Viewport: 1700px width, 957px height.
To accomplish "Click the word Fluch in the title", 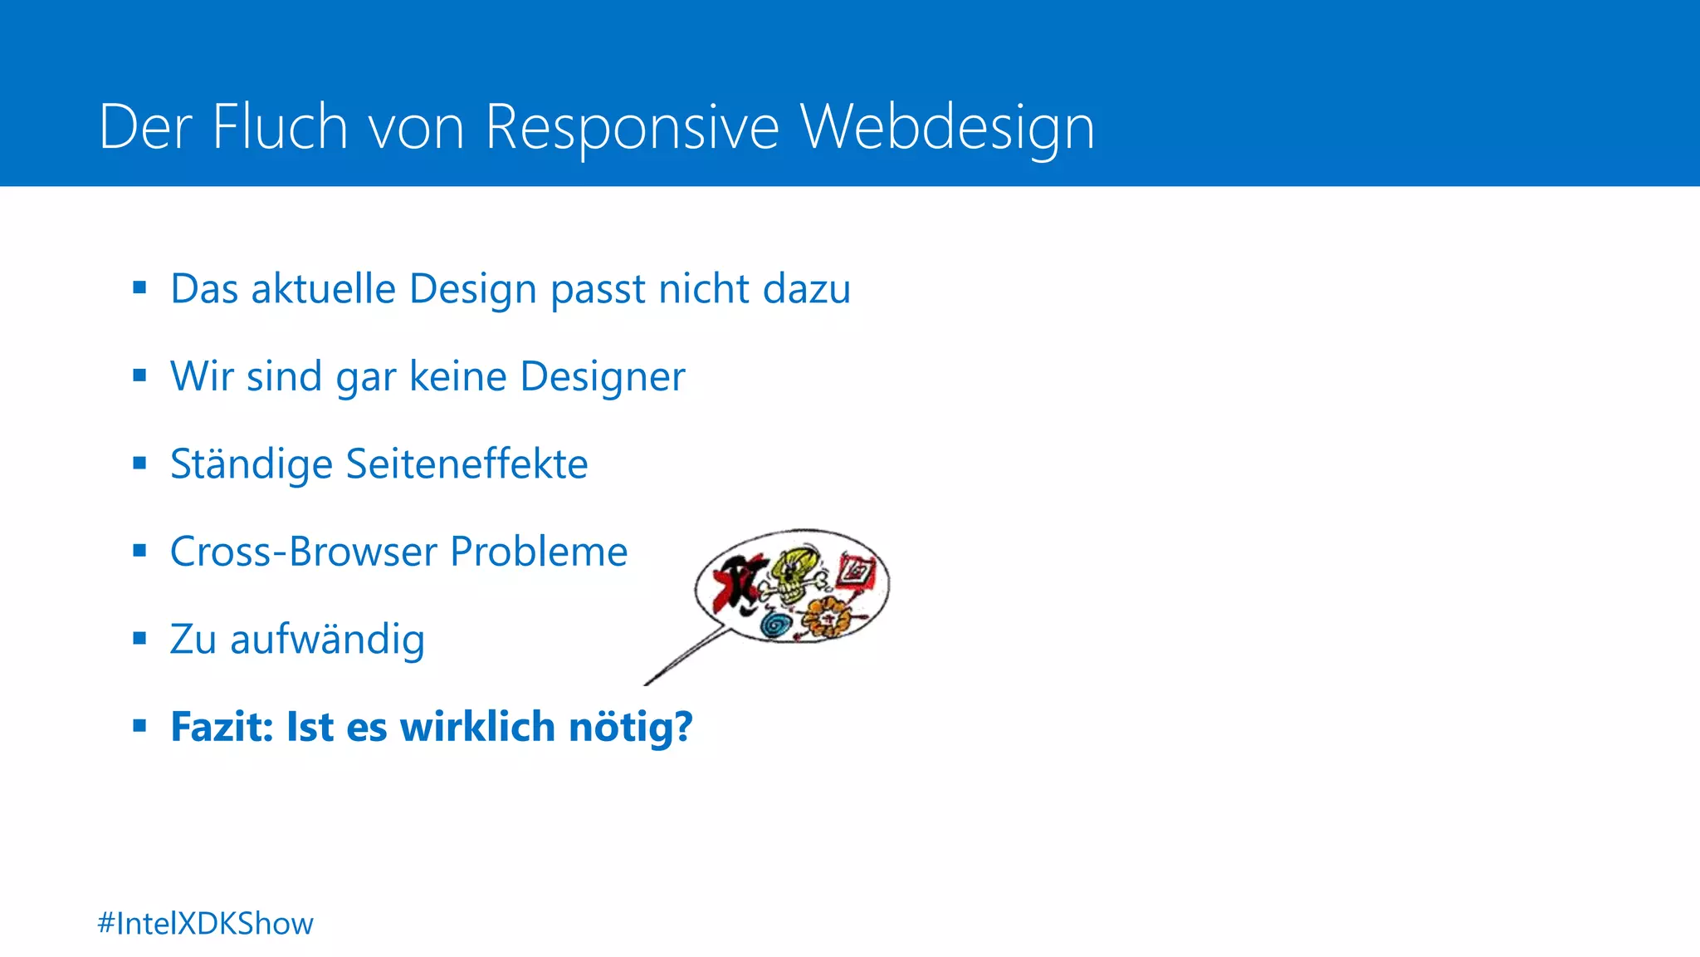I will click(x=280, y=127).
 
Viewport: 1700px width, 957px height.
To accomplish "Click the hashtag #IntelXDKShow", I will click(x=205, y=924).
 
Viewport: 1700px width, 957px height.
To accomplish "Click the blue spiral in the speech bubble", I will click(x=776, y=624).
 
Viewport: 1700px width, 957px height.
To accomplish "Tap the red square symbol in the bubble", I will click(x=855, y=572).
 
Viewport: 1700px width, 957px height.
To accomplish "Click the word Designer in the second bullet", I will click(x=603, y=376).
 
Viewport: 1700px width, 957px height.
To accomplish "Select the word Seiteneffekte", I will click(x=467, y=464).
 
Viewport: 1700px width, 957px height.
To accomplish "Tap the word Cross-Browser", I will click(x=303, y=552).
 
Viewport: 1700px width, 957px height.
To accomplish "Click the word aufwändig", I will click(x=327, y=640).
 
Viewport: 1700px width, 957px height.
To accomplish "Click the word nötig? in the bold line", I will click(x=630, y=727).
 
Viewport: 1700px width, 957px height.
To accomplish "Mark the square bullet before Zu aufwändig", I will click(x=139, y=638).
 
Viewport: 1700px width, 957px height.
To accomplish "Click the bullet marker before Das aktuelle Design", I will click(x=139, y=287).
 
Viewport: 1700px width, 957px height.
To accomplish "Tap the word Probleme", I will click(x=539, y=552).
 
